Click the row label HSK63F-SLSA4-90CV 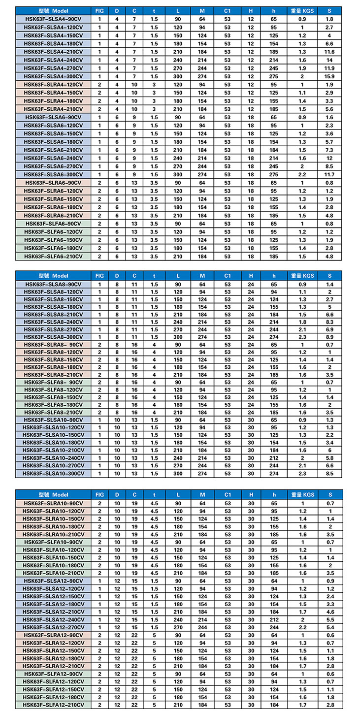(x=54, y=19)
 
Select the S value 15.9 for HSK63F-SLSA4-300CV (x=329, y=76)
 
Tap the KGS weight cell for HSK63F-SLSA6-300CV (x=302, y=174)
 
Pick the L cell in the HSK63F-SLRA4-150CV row (x=178, y=93)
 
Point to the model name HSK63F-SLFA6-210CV (x=54, y=257)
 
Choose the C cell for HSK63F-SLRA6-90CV (x=134, y=183)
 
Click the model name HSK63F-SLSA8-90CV (x=54, y=284)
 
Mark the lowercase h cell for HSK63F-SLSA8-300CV (x=274, y=337)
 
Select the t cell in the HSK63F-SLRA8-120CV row (x=154, y=352)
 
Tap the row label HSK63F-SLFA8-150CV (x=54, y=397)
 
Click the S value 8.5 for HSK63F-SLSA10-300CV (x=329, y=473)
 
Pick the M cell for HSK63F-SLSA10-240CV (x=202, y=458)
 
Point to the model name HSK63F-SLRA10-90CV (x=54, y=503)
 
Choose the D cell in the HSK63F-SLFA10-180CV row (x=117, y=565)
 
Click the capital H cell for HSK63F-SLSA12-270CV (x=251, y=627)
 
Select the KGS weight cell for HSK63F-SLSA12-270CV (x=302, y=627)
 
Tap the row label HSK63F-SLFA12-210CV (x=54, y=705)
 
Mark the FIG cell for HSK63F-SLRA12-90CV (x=99, y=635)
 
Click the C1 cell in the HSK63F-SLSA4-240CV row (x=227, y=60)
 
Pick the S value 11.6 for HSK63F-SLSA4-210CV (x=329, y=52)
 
